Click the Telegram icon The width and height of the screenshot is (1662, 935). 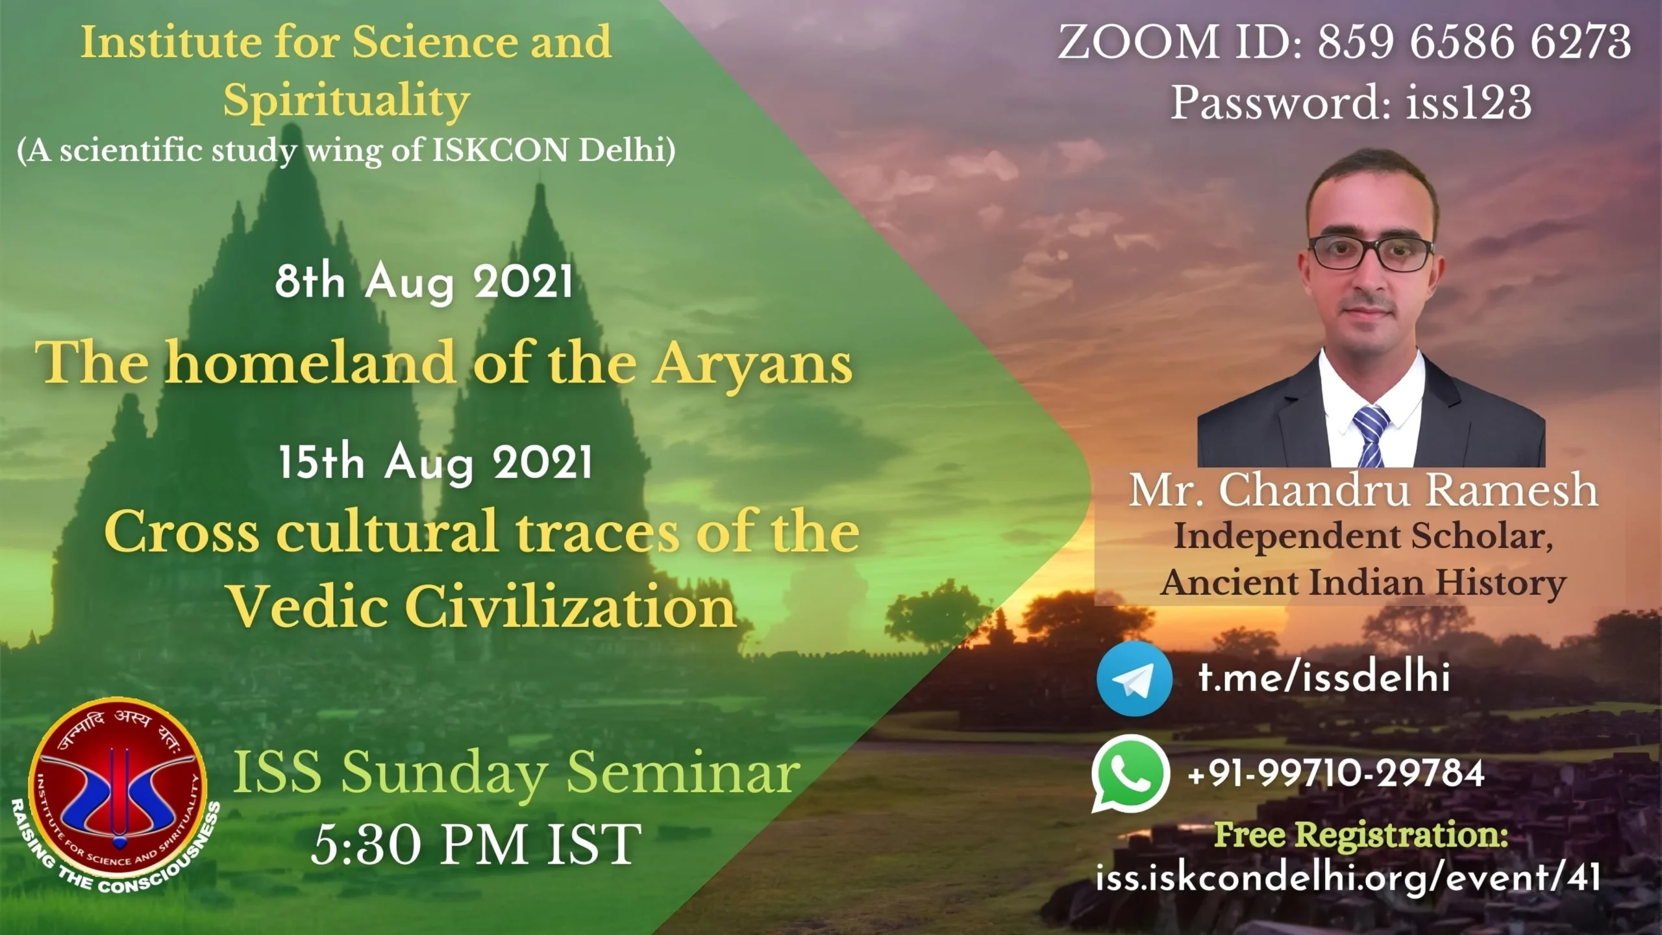coord(1134,679)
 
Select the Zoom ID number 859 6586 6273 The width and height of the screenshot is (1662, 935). coord(1474,42)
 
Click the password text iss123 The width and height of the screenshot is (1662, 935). coord(1469,103)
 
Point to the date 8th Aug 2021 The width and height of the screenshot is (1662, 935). coord(424,282)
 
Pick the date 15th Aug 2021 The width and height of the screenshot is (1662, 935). coord(436,462)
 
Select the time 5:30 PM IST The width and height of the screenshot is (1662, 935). coord(476,843)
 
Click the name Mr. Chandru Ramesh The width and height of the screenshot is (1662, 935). coord(1363,490)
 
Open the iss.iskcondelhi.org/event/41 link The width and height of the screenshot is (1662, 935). coord(1348,877)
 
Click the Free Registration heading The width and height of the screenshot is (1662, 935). coord(1361,835)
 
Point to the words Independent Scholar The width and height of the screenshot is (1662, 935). coord(1363,536)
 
